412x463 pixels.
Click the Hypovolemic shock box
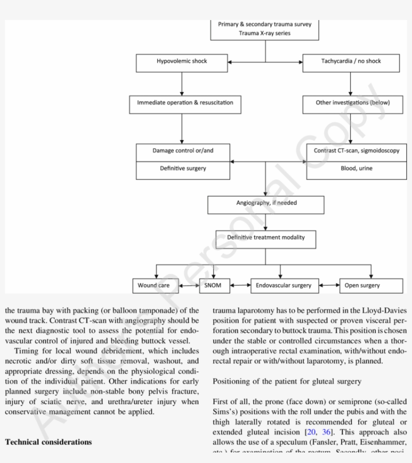coord(181,62)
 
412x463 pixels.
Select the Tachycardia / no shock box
coord(351,62)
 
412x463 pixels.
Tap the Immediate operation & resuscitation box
coord(185,103)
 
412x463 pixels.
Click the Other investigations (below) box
coord(352,103)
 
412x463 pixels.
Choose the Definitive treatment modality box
coord(266,238)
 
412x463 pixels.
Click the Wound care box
coord(153,286)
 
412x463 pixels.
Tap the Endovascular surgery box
coord(283,286)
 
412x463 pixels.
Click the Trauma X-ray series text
coord(264,34)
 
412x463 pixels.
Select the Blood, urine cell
coord(356,169)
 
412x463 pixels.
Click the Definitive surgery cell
coord(183,169)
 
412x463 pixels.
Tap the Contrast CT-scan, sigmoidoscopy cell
coord(356,151)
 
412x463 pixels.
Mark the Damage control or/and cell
coord(183,151)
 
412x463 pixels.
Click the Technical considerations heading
coord(48,442)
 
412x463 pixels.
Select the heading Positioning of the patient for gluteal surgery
coord(286,381)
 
